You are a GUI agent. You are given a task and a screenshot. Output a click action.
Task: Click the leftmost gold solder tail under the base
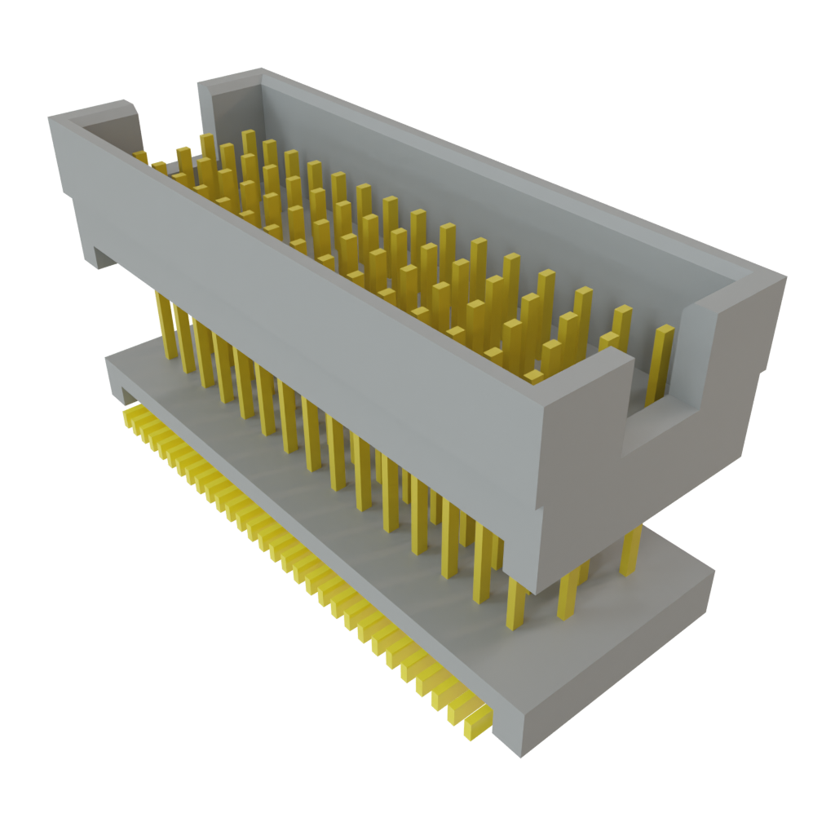coord(129,417)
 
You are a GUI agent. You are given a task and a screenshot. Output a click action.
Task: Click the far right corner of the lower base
coord(714,571)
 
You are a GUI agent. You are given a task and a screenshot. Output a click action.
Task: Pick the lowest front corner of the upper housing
coord(534,591)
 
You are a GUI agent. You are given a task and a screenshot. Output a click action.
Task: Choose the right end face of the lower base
coord(620,660)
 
